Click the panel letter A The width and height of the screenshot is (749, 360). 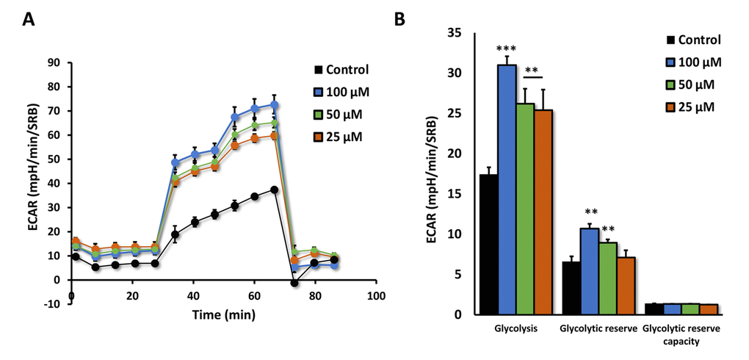29,21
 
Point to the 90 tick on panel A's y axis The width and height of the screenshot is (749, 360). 54,62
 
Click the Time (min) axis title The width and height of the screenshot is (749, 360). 225,314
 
